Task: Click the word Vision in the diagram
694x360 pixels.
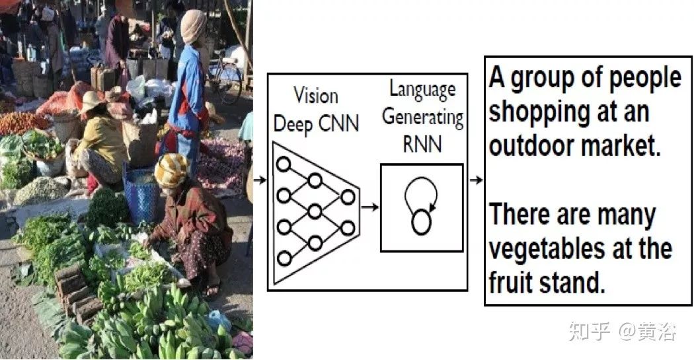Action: [316, 96]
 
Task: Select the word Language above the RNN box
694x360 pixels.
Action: [422, 90]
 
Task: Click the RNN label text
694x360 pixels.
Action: [422, 143]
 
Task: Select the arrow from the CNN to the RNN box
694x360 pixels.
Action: [370, 207]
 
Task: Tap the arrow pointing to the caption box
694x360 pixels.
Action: [475, 180]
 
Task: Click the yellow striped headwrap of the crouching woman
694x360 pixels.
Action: [171, 170]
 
